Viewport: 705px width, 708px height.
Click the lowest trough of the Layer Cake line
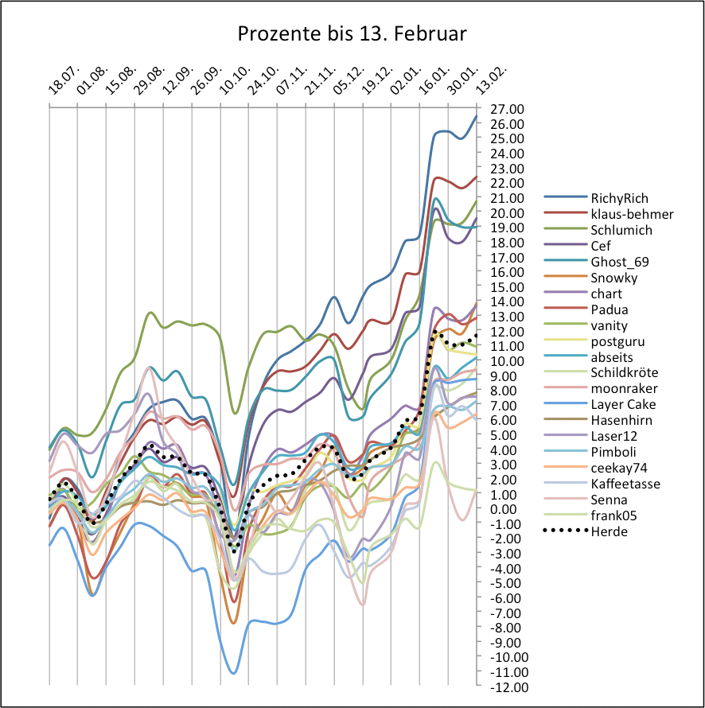[233, 673]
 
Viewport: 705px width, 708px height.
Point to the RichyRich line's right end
[476, 116]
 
